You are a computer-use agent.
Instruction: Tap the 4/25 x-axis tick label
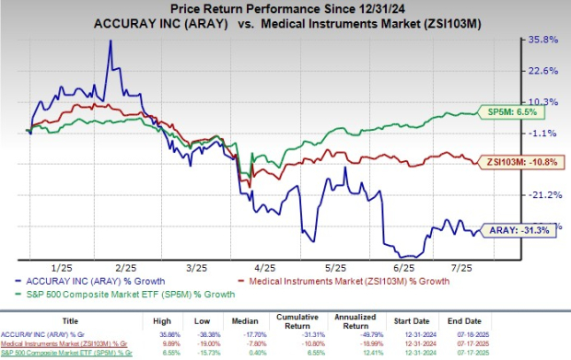pos(267,268)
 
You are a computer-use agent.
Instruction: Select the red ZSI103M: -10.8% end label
pos(519,162)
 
